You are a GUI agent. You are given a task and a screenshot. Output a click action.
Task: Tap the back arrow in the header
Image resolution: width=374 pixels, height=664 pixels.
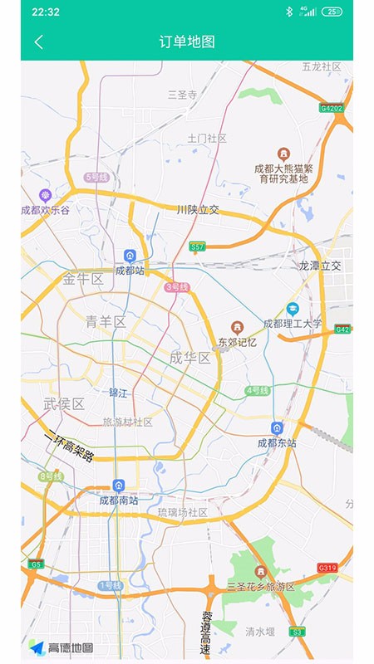[x=38, y=42]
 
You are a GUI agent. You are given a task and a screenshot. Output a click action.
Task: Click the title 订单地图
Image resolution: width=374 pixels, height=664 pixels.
[x=187, y=42]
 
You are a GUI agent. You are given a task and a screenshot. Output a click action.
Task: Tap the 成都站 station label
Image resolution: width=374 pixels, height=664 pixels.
[x=130, y=270]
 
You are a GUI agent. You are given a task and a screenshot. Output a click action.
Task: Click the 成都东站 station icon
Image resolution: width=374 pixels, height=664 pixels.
[x=278, y=427]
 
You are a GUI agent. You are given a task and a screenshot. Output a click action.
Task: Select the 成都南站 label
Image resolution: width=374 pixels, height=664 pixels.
[x=118, y=500]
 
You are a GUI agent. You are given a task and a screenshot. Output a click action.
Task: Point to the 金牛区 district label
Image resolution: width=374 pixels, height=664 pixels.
[x=83, y=279]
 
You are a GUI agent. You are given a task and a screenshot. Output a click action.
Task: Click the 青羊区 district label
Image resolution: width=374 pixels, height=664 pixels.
[x=106, y=321]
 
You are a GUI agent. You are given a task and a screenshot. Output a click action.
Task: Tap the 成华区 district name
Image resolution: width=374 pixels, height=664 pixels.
[x=189, y=358]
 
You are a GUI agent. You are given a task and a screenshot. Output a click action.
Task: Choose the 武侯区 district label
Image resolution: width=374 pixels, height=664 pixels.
[x=64, y=404]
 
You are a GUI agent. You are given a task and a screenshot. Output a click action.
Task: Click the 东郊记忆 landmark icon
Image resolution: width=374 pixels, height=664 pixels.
[x=238, y=327]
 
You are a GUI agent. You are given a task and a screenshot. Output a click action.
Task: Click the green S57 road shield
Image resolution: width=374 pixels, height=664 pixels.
[x=197, y=247]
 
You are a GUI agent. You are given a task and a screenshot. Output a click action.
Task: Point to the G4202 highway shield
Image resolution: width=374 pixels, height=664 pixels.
[x=331, y=108]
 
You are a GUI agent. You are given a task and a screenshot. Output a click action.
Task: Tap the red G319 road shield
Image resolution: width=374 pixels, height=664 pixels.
[x=327, y=568]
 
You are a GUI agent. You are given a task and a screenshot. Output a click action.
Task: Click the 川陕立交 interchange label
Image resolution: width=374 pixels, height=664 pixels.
[x=198, y=209]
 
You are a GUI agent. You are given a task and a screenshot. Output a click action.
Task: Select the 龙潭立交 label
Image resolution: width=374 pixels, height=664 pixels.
[x=320, y=266]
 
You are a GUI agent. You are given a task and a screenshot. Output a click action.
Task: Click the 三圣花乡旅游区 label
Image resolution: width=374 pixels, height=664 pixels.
[x=261, y=586]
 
